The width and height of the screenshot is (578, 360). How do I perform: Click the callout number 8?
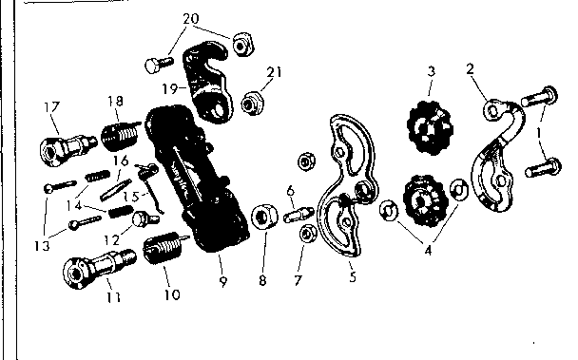[261, 282]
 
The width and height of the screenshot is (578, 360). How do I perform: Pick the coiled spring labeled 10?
[164, 251]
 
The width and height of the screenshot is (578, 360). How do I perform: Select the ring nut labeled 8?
[263, 222]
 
